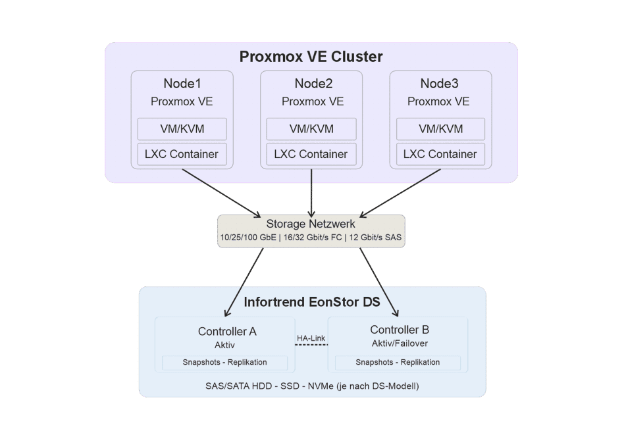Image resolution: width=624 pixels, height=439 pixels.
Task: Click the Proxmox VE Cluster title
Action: click(311, 57)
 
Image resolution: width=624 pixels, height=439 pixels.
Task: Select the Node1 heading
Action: click(182, 84)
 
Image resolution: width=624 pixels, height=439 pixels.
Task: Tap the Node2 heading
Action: click(313, 84)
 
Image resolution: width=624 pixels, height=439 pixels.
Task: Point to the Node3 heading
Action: click(439, 84)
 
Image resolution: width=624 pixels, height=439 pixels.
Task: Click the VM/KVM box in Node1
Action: click(182, 129)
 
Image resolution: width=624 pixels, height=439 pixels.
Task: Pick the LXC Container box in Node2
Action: click(311, 154)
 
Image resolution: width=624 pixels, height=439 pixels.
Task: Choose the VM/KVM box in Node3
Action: click(440, 129)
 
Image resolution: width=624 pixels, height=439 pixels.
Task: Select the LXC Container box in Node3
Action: click(440, 154)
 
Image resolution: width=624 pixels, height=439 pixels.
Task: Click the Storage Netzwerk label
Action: click(311, 224)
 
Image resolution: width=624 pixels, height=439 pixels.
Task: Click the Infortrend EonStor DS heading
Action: click(312, 303)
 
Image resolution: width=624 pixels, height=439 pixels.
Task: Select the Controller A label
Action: click(227, 331)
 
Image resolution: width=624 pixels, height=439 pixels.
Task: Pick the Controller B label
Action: click(400, 330)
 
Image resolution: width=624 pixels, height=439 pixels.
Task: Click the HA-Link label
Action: click(311, 338)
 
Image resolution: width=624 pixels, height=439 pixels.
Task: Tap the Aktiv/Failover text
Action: click(399, 343)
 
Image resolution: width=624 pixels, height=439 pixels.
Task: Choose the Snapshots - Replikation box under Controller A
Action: click(224, 363)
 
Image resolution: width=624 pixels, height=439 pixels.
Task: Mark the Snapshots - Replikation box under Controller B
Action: click(398, 363)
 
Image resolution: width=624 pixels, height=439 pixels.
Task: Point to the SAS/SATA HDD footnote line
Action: click(312, 385)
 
